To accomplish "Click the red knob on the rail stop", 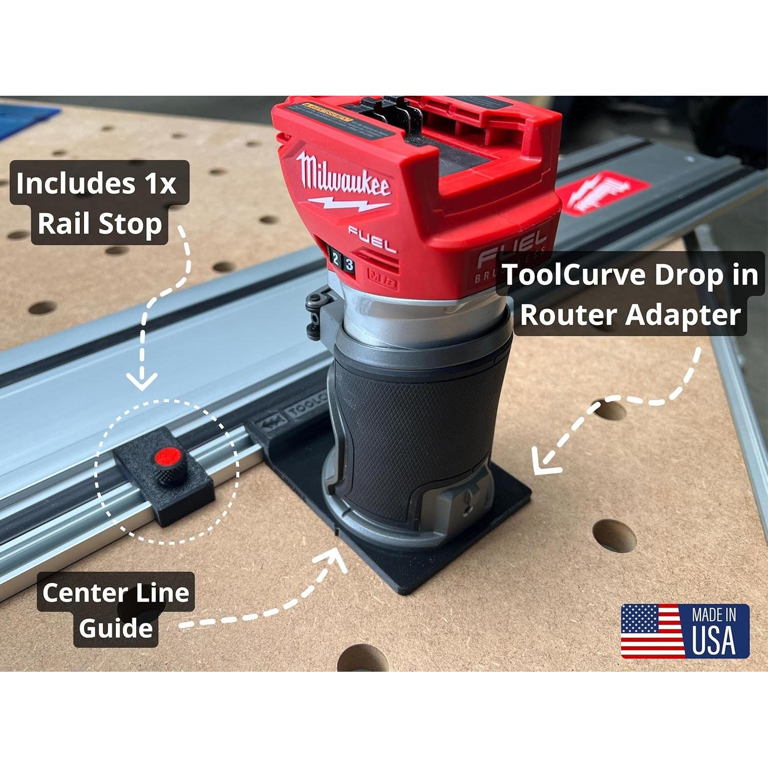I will (x=167, y=457).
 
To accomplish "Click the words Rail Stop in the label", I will (x=100, y=224).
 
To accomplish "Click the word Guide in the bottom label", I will (x=116, y=629).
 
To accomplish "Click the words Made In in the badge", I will (x=714, y=615).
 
